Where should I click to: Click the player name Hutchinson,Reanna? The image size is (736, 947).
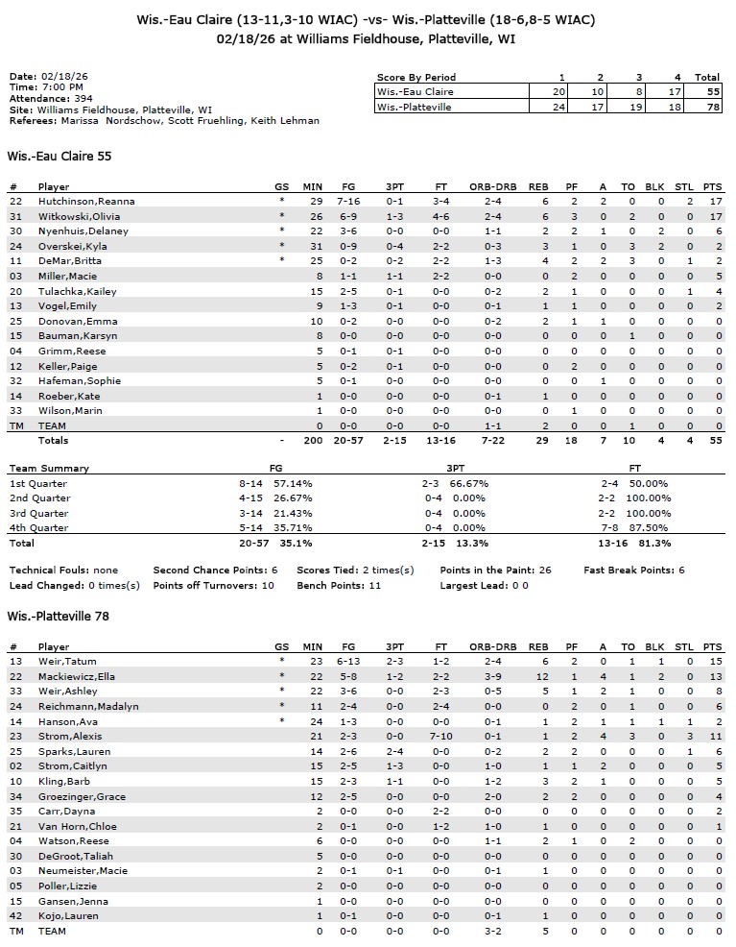tap(86, 201)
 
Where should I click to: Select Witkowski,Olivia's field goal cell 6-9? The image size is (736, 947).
tap(349, 216)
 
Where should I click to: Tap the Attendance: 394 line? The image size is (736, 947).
tap(53, 98)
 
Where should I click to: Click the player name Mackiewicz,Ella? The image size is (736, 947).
tap(81, 676)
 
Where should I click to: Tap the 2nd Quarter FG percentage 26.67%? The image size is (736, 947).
tap(292, 498)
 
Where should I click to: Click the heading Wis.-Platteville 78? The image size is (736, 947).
tap(58, 616)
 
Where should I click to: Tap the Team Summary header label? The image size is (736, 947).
tap(49, 468)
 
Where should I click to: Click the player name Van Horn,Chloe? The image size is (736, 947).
tap(77, 826)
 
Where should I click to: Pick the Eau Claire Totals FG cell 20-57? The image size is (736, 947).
tap(349, 440)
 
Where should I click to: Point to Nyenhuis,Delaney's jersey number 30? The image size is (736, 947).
tap(15, 231)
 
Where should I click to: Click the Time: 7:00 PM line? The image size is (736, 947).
tap(46, 86)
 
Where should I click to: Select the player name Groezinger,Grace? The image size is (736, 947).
tap(82, 796)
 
